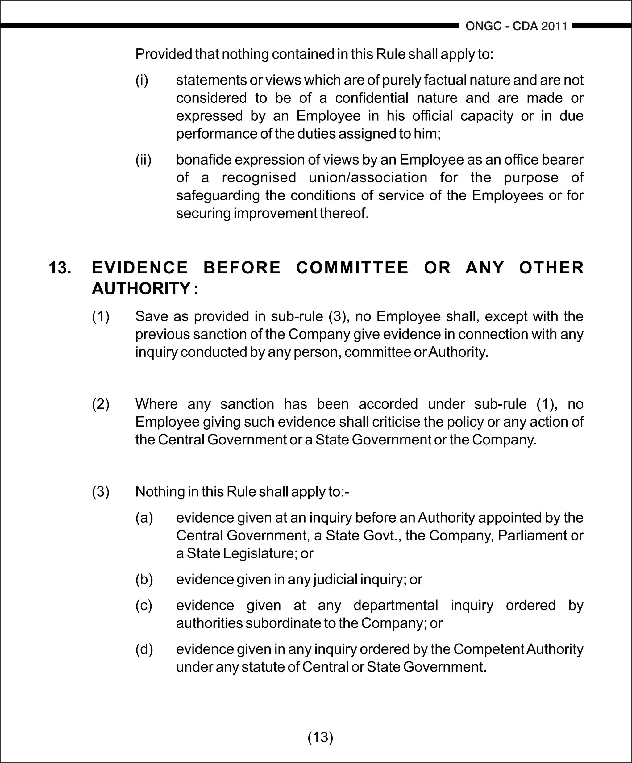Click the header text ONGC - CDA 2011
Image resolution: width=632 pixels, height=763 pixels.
(x=516, y=26)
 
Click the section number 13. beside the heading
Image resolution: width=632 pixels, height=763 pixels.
(x=60, y=268)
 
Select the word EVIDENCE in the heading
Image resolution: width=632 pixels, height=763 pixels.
(x=140, y=268)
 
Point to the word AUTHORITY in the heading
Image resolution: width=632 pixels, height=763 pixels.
(x=141, y=289)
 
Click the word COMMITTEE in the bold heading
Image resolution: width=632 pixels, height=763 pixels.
(x=352, y=268)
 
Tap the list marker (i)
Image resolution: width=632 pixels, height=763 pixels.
(x=142, y=80)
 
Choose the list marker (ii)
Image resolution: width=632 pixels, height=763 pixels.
(x=143, y=160)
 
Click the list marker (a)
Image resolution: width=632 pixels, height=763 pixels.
(x=144, y=518)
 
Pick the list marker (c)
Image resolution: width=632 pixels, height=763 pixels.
(x=144, y=605)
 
